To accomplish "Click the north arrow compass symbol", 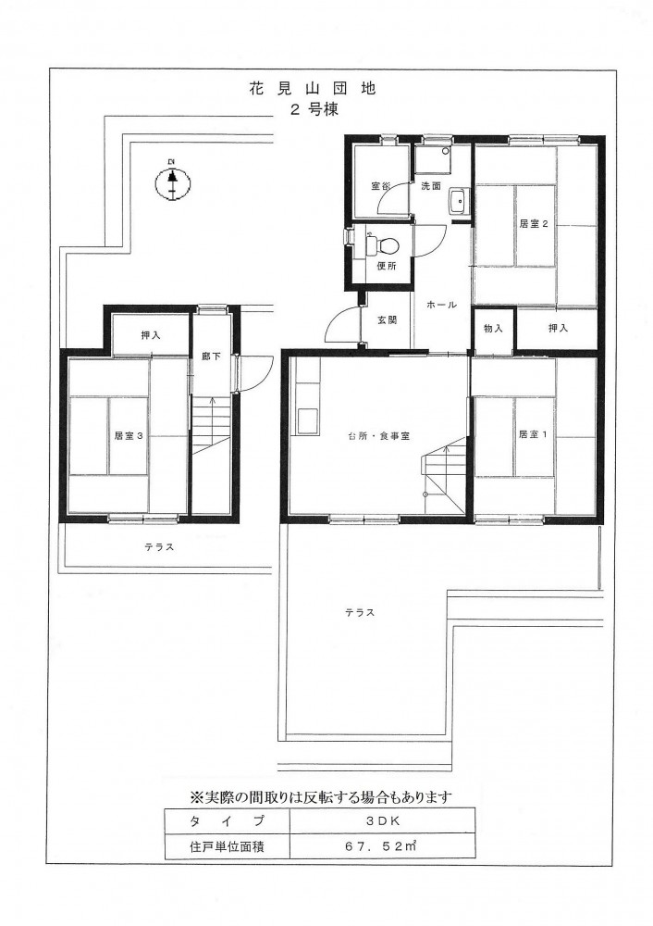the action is click(172, 183).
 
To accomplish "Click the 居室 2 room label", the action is click(534, 224).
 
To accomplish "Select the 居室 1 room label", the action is click(534, 434).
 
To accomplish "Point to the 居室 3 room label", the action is click(129, 436).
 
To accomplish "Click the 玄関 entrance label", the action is click(387, 320).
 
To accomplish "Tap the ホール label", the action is click(441, 305).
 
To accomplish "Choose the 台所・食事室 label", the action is click(378, 436).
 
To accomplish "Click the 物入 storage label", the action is click(493, 329).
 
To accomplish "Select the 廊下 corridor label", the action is click(211, 357).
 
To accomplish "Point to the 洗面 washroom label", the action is click(431, 186).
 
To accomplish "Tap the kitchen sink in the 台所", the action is click(307, 419).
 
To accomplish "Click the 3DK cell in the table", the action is click(382, 820).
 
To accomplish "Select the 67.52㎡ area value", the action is click(381, 846).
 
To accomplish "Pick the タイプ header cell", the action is click(227, 820).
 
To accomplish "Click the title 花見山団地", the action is click(313, 89).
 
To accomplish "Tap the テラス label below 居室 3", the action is click(159, 547).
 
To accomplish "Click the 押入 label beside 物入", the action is click(558, 329).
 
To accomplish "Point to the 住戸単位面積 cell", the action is click(227, 846).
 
